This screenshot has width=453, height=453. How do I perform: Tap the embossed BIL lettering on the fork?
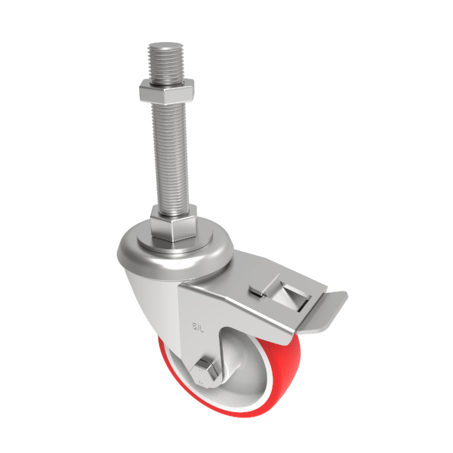click(x=199, y=327)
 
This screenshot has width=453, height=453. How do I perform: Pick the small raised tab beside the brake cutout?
click(x=257, y=290)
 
